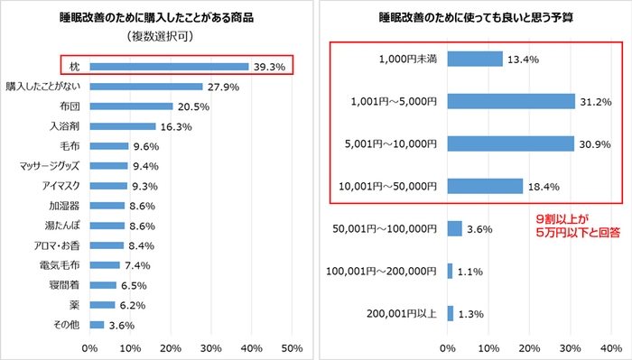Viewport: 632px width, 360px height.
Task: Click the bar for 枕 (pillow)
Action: pos(169,66)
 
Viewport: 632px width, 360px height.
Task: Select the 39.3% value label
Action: pos(268,66)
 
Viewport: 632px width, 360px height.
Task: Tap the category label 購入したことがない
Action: pos(42,86)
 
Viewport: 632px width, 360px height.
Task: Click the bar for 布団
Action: pos(131,106)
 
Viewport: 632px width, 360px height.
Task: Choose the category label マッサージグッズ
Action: pos(51,166)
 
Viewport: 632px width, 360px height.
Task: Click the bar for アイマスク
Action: pos(108,186)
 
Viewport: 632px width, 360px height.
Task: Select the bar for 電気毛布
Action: pos(105,265)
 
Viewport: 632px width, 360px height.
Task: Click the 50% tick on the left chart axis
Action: pos(292,347)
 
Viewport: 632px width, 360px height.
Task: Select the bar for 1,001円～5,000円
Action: pos(511,101)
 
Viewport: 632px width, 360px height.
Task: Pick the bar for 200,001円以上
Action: pos(450,313)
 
